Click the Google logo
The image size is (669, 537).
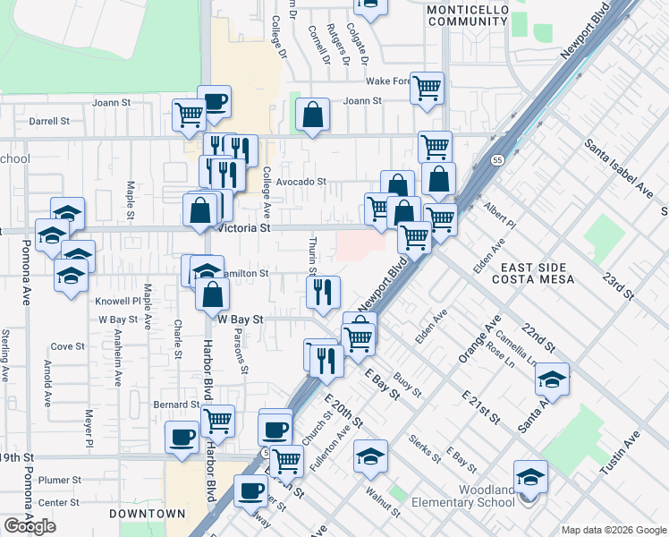pos(30,526)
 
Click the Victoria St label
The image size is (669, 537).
pos(243,228)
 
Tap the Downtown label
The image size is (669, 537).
pos(147,514)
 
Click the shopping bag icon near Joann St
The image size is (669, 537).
pos(311,115)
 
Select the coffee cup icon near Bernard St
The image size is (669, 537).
pos(182,437)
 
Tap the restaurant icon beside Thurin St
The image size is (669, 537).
pos(323,291)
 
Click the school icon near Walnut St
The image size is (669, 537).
pos(370,456)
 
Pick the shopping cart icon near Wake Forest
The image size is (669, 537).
pos(427,88)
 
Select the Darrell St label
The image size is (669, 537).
pos(49,121)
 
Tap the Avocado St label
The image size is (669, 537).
pos(300,182)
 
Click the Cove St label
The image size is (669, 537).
pos(67,346)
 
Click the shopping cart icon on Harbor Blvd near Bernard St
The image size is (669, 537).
pos(217,420)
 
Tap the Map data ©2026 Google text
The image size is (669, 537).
pos(614,529)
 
